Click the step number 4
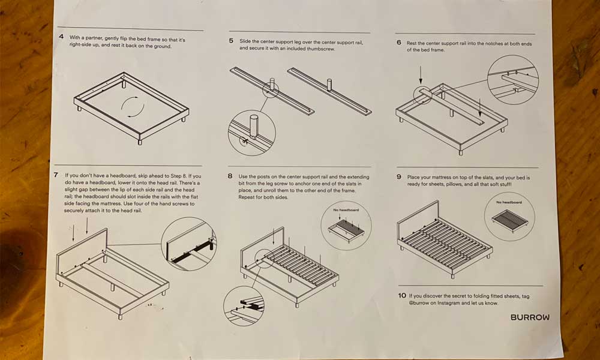coord(61,37)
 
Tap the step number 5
coord(231,41)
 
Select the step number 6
coord(399,43)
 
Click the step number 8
coord(230,176)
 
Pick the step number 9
coord(399,178)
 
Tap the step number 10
coord(401,296)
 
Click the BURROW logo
coord(529,317)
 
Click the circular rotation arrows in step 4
coord(133,109)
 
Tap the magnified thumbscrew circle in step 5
coord(252,133)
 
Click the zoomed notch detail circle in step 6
coord(513,79)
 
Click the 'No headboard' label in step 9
coord(509,202)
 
